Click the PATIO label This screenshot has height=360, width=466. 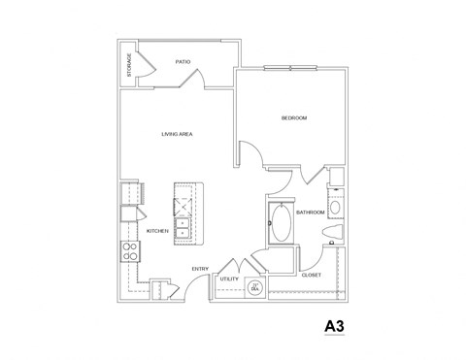(x=182, y=61)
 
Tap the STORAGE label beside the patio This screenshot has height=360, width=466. (x=129, y=64)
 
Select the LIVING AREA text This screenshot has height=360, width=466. (x=175, y=134)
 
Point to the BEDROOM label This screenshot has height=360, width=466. (x=293, y=117)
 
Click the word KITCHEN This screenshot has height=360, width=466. (x=157, y=231)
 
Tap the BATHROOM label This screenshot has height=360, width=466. (x=310, y=212)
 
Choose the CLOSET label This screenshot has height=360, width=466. (x=312, y=275)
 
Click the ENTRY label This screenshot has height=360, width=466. (x=200, y=269)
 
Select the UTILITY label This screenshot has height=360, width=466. (x=229, y=278)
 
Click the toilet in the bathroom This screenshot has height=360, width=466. (x=332, y=243)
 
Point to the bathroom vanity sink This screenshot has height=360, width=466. (x=335, y=207)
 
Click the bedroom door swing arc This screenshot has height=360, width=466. (x=249, y=155)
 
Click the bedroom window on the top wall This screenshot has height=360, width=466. (x=287, y=68)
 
